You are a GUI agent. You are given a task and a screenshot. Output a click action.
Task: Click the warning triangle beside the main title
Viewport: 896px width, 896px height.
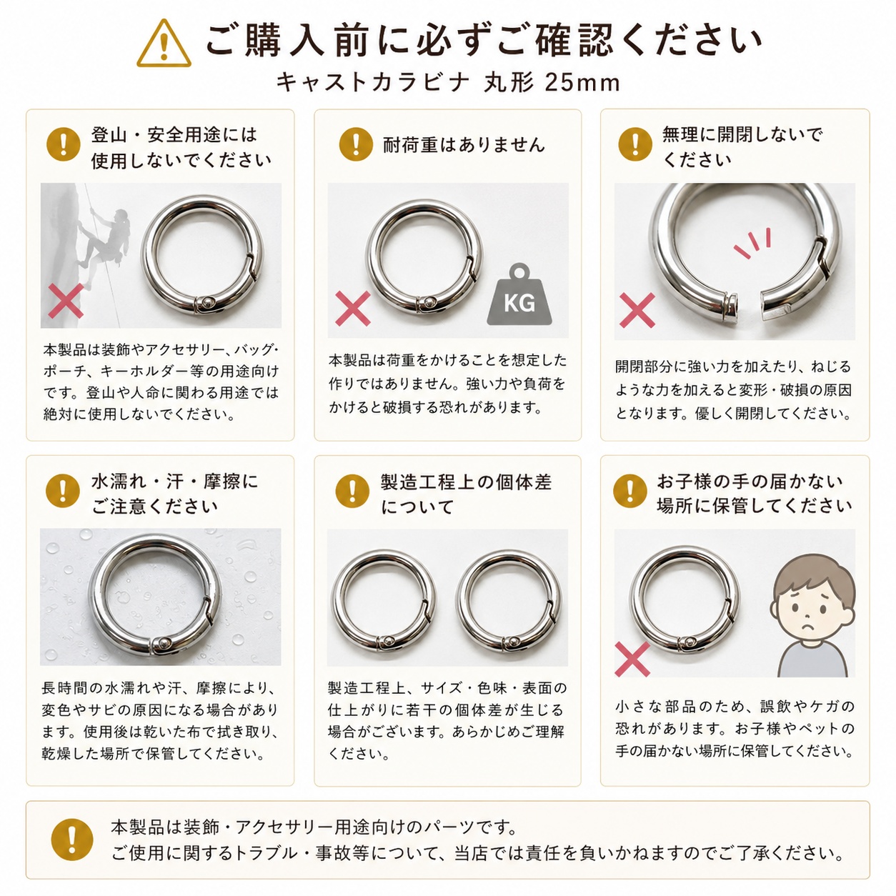click(164, 44)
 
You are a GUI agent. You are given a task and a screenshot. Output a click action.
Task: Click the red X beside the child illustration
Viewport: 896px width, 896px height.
click(632, 659)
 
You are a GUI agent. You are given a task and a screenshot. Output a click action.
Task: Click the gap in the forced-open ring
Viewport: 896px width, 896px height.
click(749, 306)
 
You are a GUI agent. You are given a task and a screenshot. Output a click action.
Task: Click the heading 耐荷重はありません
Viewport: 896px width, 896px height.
click(464, 144)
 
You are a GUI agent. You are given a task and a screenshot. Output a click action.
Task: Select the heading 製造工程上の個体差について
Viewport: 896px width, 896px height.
click(466, 494)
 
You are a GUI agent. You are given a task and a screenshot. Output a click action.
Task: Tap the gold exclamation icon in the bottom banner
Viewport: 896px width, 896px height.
click(72, 840)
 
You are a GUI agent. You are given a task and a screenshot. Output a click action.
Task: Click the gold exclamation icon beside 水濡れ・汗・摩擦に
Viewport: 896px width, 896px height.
click(63, 490)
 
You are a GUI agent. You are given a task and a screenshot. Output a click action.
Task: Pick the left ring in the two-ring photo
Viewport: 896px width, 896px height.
click(384, 601)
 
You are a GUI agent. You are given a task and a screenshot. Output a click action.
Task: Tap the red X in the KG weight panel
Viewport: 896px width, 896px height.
click(353, 308)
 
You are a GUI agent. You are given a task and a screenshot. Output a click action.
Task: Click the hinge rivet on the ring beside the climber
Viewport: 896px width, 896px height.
click(206, 304)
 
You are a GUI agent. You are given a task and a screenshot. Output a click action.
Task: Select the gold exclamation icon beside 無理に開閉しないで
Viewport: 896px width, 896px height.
click(635, 144)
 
